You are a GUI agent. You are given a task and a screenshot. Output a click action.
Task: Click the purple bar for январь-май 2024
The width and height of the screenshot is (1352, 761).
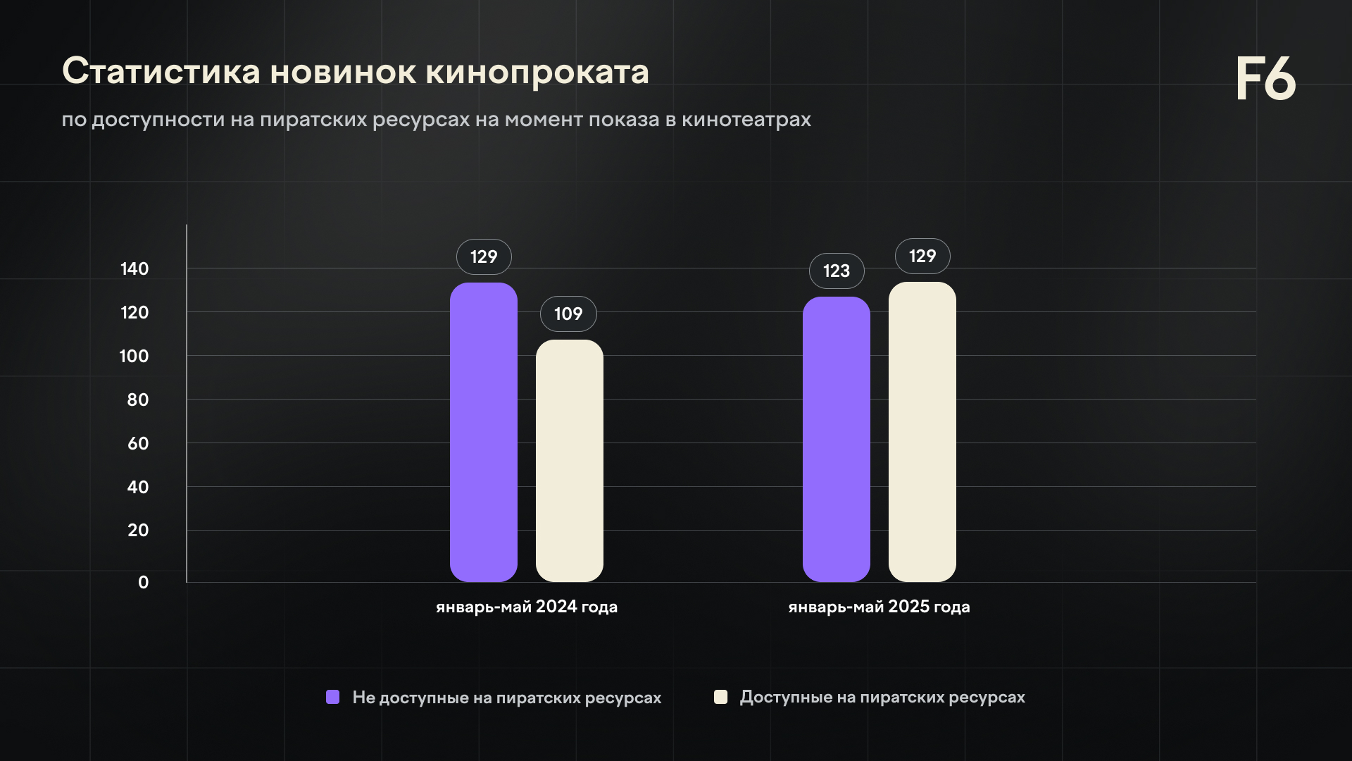484,432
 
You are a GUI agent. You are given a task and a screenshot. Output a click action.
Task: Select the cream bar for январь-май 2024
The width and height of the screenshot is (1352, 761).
570,461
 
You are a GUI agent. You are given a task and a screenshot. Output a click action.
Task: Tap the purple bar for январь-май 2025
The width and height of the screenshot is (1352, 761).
837,439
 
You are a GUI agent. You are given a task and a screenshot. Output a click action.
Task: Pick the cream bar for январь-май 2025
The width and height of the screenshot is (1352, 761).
922,432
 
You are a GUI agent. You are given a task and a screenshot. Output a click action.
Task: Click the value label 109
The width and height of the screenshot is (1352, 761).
568,314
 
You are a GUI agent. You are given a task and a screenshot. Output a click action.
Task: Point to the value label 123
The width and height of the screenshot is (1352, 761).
837,271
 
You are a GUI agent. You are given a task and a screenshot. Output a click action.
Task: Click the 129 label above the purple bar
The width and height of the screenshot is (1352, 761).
484,257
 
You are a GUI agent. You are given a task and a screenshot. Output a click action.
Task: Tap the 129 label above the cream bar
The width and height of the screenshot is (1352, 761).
922,256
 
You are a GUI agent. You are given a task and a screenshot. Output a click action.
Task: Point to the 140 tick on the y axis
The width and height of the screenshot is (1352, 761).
134,269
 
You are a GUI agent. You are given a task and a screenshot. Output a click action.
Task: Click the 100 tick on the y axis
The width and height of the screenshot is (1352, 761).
134,357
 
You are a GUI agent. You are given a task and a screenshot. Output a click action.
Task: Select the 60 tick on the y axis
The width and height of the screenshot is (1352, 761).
138,444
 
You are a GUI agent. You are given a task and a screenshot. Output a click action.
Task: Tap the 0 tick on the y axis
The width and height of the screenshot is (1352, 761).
144,583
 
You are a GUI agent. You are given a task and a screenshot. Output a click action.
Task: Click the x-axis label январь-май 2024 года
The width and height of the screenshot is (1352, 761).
527,607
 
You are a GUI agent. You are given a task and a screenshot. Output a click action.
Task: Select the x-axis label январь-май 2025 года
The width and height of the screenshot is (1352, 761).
879,607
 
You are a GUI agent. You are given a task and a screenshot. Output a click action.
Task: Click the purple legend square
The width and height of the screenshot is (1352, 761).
333,697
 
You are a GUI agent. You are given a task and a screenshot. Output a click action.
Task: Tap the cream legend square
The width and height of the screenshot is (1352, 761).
720,697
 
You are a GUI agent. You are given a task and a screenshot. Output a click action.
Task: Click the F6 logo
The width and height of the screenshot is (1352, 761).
1265,79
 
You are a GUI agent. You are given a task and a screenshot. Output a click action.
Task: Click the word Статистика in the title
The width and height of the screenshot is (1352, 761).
161,72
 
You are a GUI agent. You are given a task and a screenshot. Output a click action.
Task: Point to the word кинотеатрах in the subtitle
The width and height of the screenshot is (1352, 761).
746,120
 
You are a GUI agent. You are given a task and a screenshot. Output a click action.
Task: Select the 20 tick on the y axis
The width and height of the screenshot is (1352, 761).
138,531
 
